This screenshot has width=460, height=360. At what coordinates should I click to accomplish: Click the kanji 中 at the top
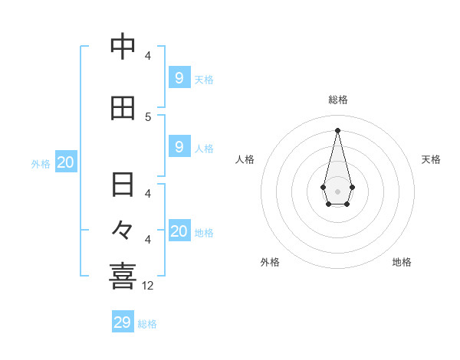click(123, 47)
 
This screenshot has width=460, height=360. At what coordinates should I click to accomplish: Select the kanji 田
click(123, 109)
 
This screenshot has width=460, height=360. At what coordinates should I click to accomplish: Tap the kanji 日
click(123, 185)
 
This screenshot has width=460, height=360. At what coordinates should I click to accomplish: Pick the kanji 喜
click(123, 277)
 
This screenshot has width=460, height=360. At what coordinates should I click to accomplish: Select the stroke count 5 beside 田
click(148, 116)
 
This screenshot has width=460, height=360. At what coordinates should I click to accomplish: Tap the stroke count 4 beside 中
click(148, 55)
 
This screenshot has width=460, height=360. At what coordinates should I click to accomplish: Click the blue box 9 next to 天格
click(179, 77)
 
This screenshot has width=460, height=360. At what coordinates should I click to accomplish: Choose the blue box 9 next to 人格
click(179, 146)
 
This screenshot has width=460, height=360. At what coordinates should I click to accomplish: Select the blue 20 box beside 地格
click(179, 231)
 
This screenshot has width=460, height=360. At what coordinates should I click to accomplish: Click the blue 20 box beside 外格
click(66, 162)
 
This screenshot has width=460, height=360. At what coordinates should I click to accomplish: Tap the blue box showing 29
click(123, 322)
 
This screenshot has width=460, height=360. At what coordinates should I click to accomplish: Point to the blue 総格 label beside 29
click(148, 324)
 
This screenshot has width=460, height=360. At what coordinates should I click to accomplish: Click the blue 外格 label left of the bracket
click(41, 163)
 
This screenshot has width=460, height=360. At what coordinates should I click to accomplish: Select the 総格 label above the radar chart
click(338, 100)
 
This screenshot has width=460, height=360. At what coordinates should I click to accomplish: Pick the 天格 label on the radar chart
click(432, 159)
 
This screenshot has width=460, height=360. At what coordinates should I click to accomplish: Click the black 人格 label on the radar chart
click(245, 159)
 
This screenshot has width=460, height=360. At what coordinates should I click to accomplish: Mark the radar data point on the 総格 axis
click(337, 130)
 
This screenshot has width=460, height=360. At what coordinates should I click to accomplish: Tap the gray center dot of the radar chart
click(337, 191)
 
